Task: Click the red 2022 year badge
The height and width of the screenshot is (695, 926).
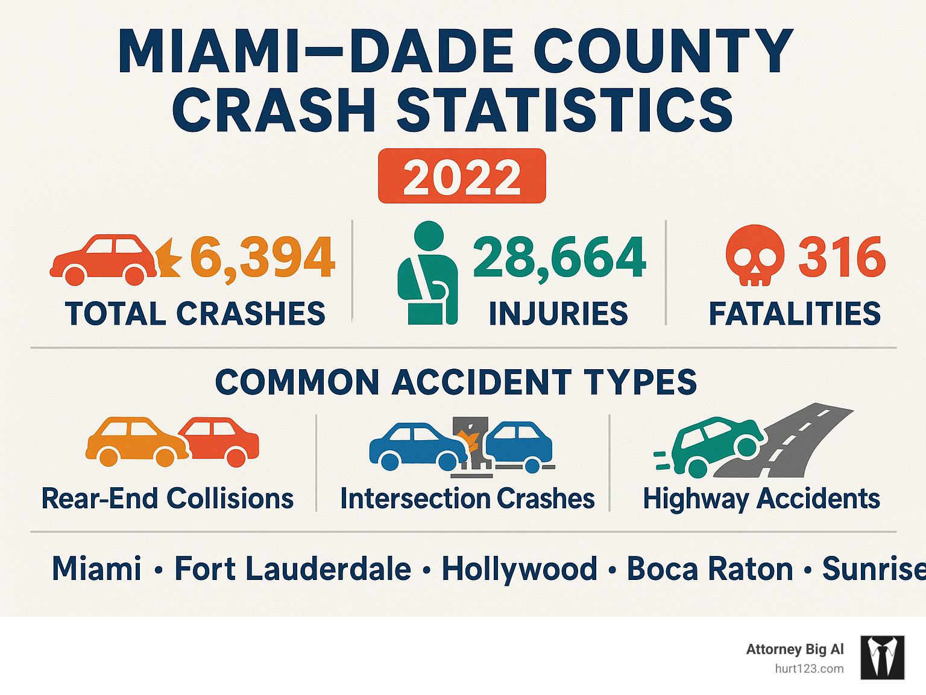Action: click(x=462, y=176)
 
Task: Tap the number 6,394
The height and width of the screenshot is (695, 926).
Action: click(x=263, y=258)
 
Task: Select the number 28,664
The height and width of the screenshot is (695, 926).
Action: click(x=559, y=258)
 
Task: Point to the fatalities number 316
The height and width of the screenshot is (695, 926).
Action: click(x=842, y=258)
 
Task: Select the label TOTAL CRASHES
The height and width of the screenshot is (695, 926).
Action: click(x=195, y=314)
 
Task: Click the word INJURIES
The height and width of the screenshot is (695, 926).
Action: click(x=558, y=314)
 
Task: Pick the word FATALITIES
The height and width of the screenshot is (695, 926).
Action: click(x=795, y=314)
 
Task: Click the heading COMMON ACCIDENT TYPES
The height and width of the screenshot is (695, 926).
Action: click(x=456, y=382)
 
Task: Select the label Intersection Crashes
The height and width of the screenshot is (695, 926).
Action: click(x=467, y=499)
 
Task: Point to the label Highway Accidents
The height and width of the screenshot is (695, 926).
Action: click(x=761, y=499)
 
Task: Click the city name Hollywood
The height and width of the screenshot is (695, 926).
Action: click(x=520, y=569)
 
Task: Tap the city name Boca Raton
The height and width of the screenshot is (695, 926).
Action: click(x=710, y=569)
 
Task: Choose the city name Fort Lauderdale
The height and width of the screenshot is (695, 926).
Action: click(x=293, y=569)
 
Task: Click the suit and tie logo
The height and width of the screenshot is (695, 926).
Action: click(x=882, y=658)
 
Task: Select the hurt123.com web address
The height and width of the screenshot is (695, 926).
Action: click(x=809, y=669)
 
